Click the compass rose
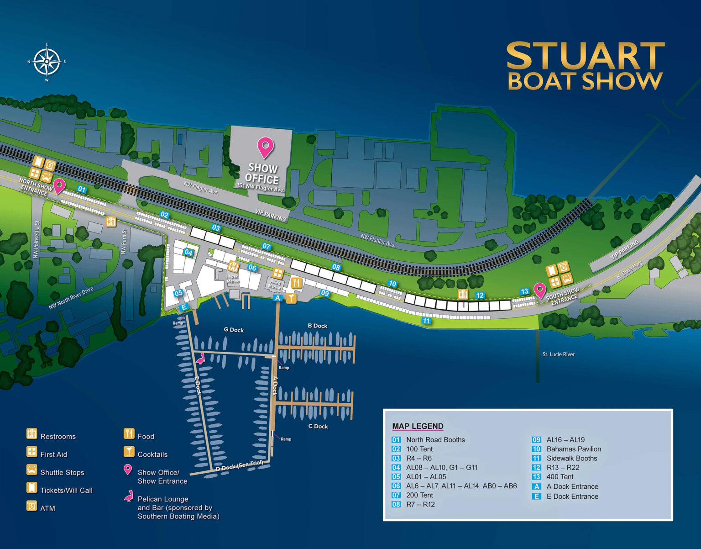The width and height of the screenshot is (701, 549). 47,62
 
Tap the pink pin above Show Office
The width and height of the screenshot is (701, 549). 265,147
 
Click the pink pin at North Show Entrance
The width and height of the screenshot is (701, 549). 59,186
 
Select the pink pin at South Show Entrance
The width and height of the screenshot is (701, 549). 540,290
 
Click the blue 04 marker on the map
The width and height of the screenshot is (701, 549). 188,252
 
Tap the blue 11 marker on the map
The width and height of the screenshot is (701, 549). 426,321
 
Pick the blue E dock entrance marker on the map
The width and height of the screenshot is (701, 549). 183,307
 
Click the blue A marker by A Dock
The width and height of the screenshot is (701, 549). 277,298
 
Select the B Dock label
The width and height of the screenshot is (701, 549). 318,326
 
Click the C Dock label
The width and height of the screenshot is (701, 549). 318,426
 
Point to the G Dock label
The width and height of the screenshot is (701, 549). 234,330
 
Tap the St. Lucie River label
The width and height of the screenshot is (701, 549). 559,354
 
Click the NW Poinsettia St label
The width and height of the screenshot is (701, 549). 37,240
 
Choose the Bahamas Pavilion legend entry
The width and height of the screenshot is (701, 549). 574,449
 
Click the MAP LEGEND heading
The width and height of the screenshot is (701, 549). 418,426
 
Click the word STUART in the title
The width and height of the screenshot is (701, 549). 586,56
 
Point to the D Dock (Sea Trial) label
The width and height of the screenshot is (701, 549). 240,465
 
